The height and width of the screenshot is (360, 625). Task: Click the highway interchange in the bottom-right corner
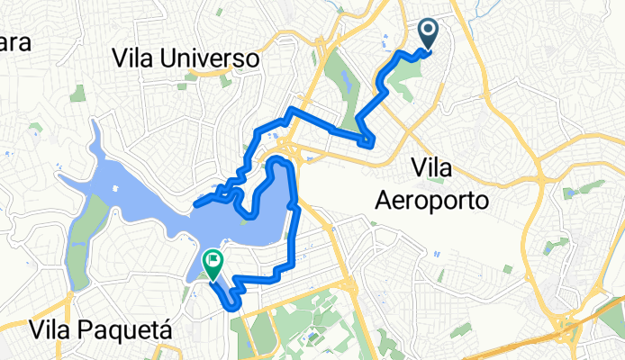(573, 328)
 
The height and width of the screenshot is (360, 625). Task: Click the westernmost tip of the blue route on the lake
(195, 206)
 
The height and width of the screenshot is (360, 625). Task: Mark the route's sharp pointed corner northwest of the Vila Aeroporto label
(370, 143)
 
